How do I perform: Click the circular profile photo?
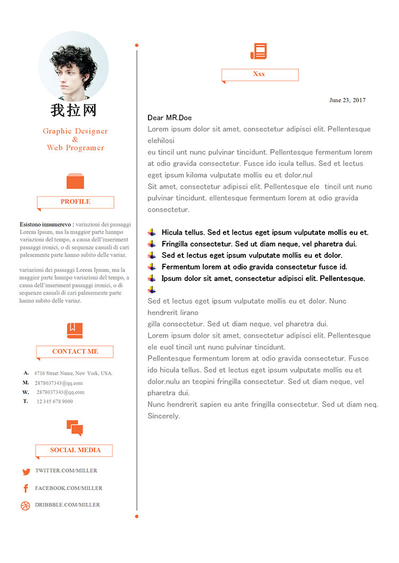point(73,66)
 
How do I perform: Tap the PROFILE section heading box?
point(76,202)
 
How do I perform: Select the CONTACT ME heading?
point(75,351)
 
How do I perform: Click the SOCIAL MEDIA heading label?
point(75,450)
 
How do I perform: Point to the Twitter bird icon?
point(26,471)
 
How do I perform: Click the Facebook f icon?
point(26,489)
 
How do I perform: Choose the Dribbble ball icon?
point(26,506)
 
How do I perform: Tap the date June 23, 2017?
point(347,100)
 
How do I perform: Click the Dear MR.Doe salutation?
point(170,118)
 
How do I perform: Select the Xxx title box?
point(260,74)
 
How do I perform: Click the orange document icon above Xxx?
point(259,51)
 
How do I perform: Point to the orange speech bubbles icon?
point(74,427)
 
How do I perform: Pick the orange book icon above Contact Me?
point(75,330)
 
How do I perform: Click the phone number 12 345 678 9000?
point(55,401)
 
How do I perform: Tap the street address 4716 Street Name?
point(73,373)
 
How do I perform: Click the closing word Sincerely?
point(164,416)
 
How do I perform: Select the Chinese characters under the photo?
point(73,110)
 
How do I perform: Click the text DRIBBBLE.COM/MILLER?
point(68,505)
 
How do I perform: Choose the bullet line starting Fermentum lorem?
point(254,267)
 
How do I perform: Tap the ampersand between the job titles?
point(75,139)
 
